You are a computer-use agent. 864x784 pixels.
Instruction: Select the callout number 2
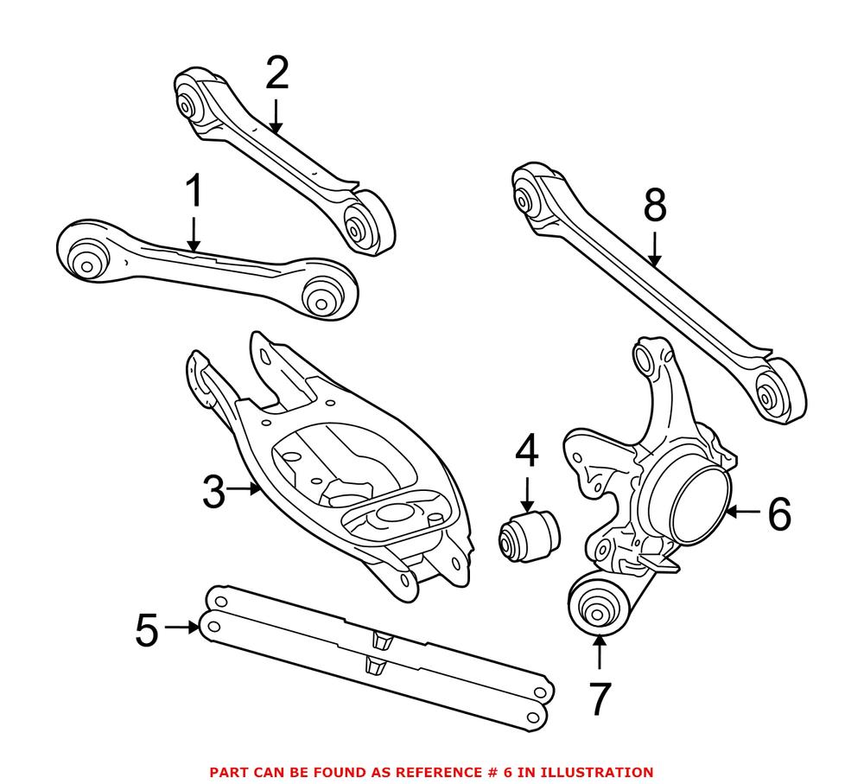[276, 73]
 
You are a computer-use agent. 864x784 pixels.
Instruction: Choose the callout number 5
[147, 630]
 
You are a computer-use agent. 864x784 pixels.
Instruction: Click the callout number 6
[778, 514]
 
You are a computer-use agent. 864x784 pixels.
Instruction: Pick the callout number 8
[655, 206]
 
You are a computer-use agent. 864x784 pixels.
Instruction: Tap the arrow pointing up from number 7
[598, 653]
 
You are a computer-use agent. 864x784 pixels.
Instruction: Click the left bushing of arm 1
[87, 260]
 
